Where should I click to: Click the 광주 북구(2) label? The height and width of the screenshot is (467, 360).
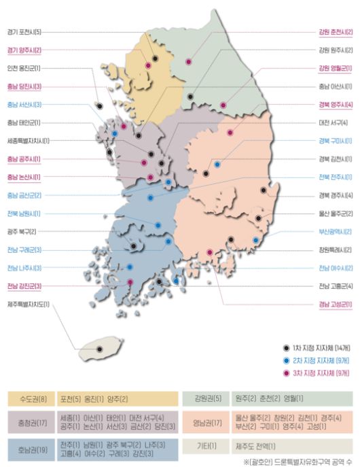point(22,232)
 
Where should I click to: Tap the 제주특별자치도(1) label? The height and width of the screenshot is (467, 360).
point(29,305)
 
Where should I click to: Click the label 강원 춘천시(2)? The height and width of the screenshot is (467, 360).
point(335,32)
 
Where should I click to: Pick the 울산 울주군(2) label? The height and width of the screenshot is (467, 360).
point(335,213)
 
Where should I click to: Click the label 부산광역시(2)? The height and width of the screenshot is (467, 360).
point(335,232)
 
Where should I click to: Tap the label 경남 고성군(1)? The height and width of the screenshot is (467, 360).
point(335,305)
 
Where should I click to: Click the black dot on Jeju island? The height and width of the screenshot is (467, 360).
point(99,349)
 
